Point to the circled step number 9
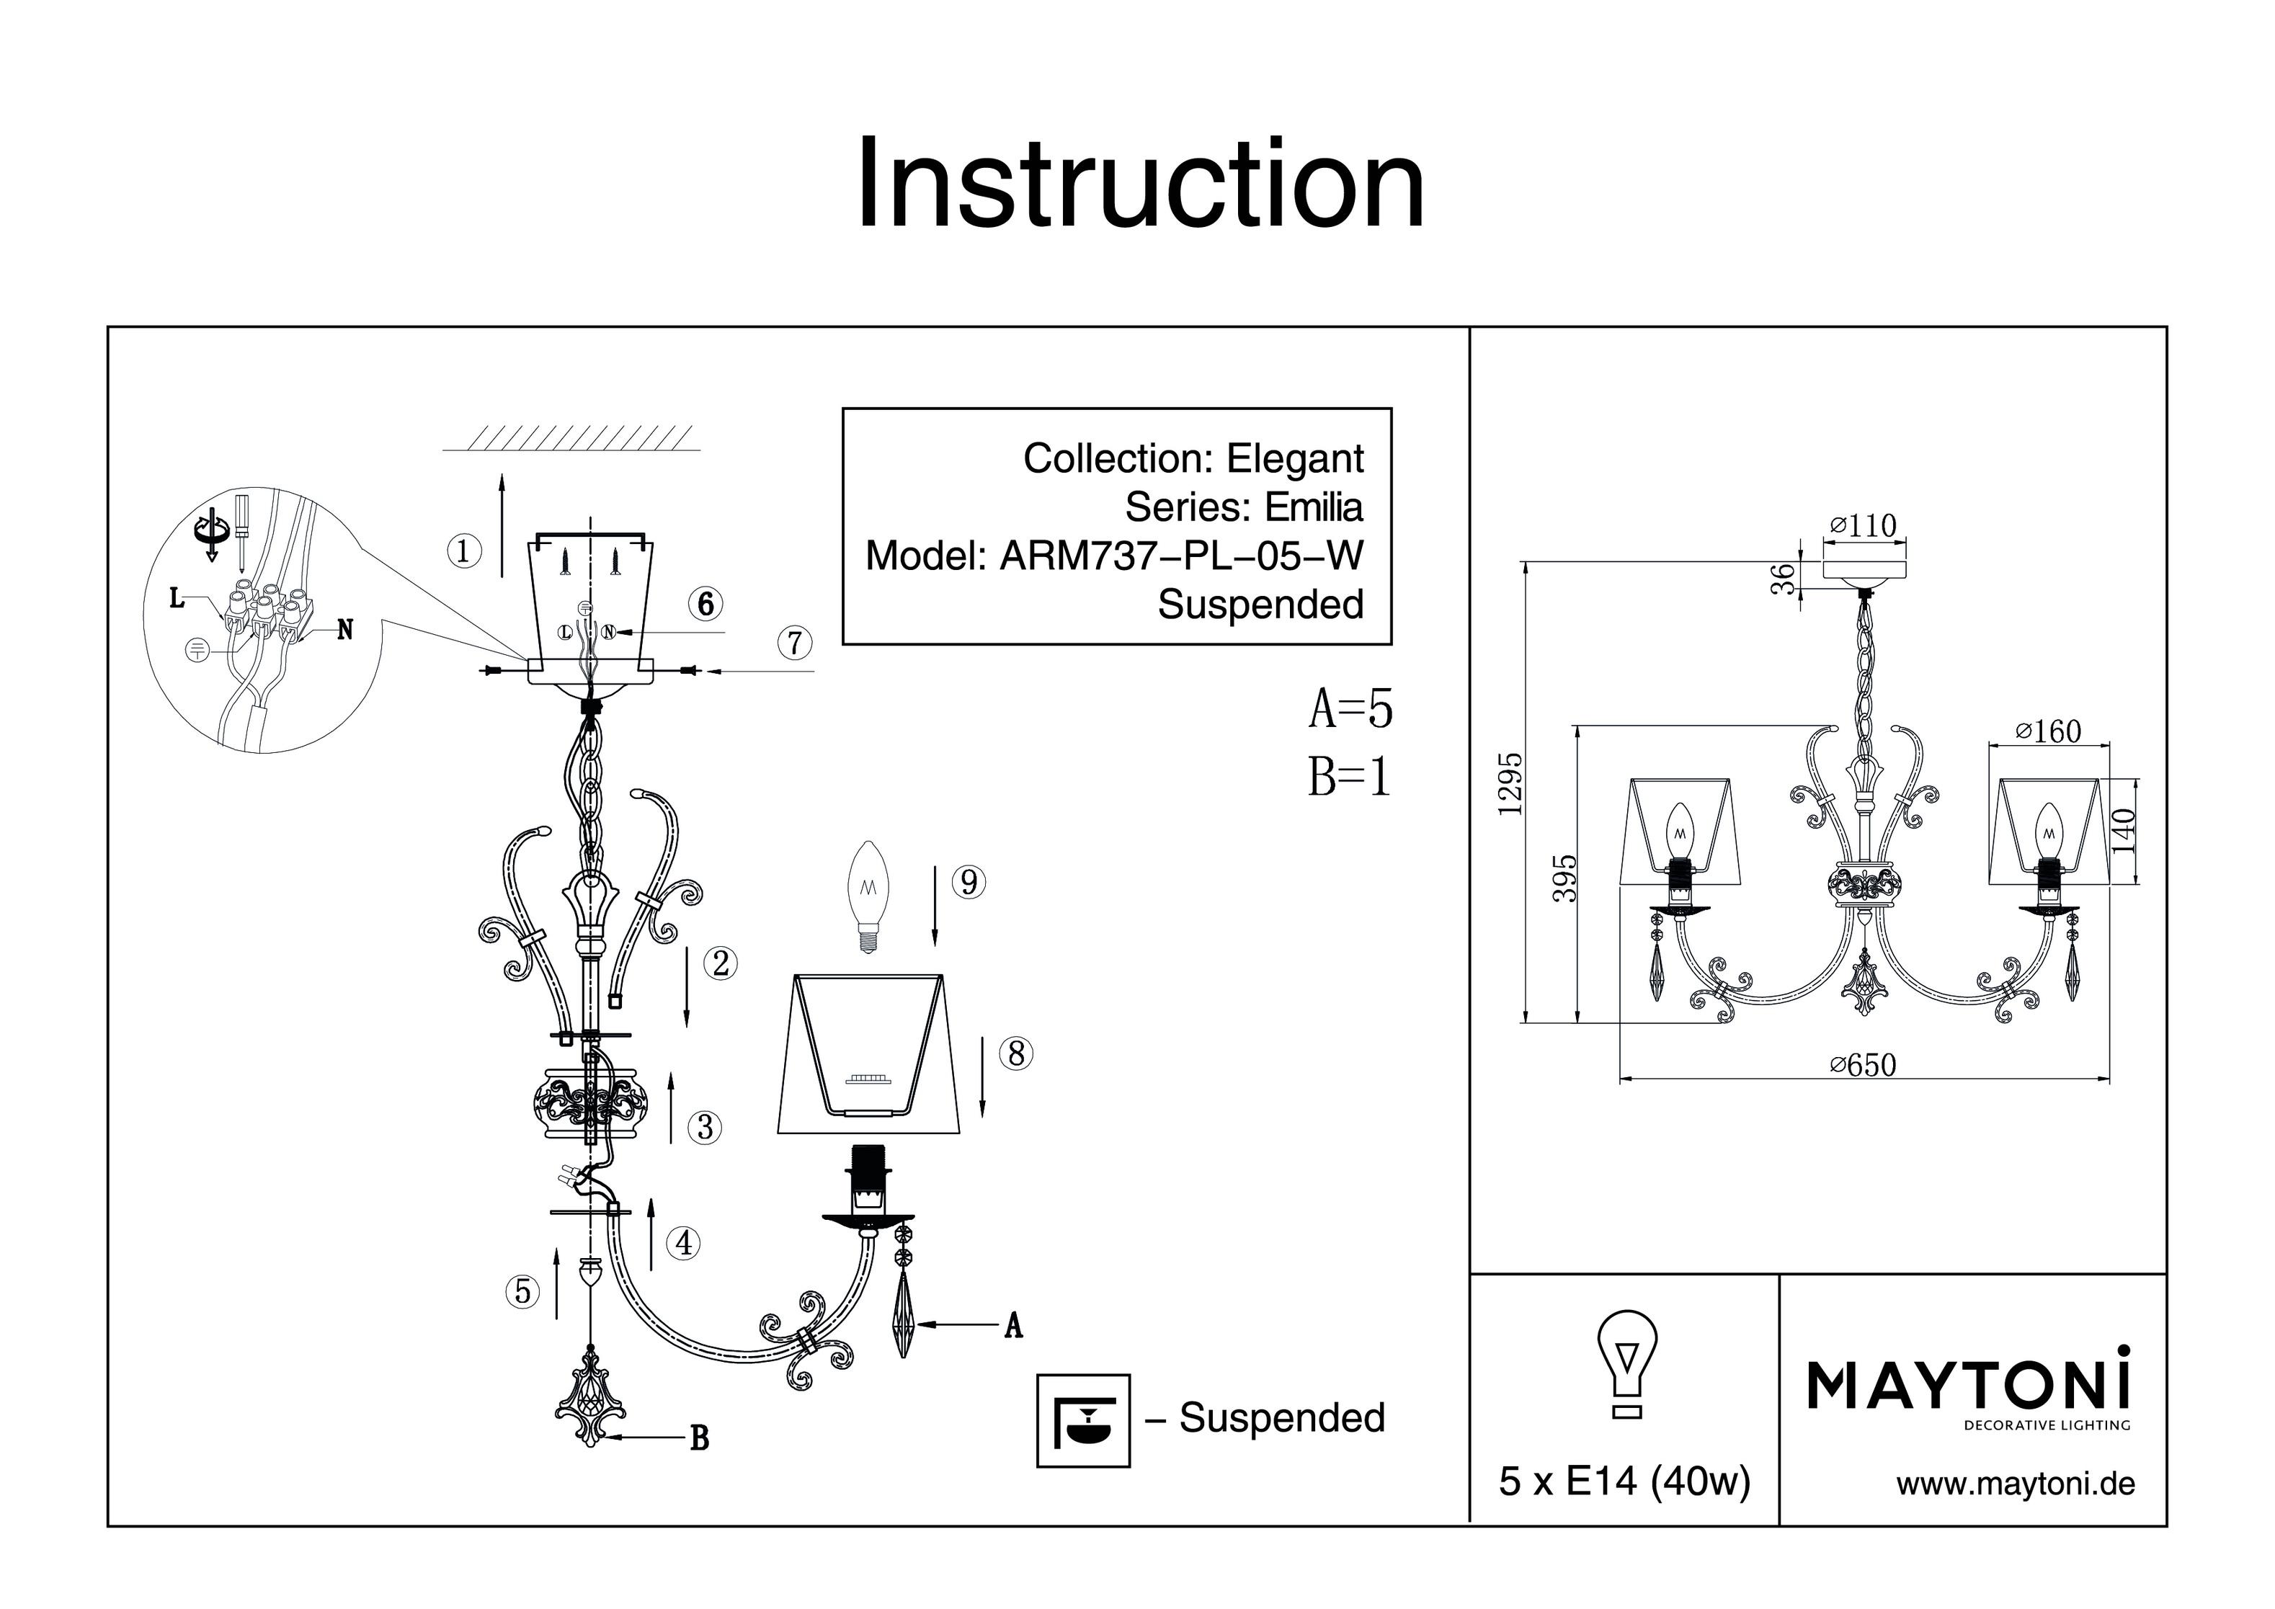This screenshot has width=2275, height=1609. [969, 882]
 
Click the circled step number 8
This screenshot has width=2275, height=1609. [1015, 1053]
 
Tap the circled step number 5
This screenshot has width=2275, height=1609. [522, 1291]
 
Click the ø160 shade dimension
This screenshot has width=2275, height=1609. [2049, 731]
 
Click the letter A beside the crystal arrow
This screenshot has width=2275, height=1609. [1012, 1326]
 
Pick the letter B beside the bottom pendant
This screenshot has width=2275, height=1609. [700, 1438]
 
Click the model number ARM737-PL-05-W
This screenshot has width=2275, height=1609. [1181, 556]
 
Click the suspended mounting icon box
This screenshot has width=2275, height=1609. [1083, 1419]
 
